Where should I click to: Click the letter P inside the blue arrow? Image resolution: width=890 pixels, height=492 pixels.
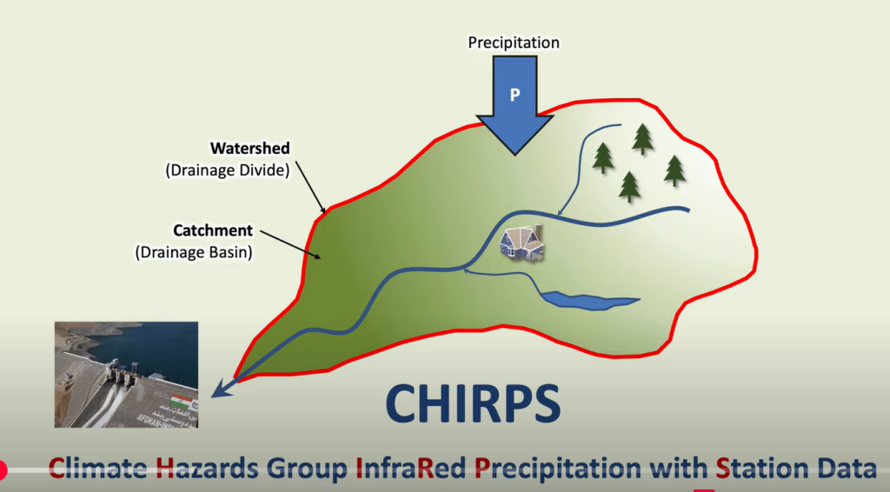(x=515, y=95)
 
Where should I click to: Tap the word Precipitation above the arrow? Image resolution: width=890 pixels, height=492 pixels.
(x=514, y=43)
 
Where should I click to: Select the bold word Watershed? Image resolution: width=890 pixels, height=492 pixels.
(x=249, y=148)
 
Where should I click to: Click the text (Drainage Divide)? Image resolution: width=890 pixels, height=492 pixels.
(x=228, y=170)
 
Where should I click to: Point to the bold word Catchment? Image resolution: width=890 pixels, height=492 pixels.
(x=213, y=230)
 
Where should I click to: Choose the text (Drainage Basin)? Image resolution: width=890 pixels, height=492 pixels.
(x=194, y=252)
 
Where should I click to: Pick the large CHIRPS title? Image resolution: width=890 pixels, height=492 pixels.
(x=473, y=403)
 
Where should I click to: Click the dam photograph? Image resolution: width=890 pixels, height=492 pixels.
(x=126, y=375)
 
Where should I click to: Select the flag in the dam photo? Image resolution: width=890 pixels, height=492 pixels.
(x=181, y=400)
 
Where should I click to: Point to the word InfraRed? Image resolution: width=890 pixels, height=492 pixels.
(x=411, y=469)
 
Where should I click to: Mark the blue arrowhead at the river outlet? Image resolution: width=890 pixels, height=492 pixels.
(x=222, y=389)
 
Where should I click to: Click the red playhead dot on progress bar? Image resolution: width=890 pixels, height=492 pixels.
(x=2, y=470)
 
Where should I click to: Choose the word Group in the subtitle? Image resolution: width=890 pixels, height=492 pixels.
(x=307, y=469)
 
